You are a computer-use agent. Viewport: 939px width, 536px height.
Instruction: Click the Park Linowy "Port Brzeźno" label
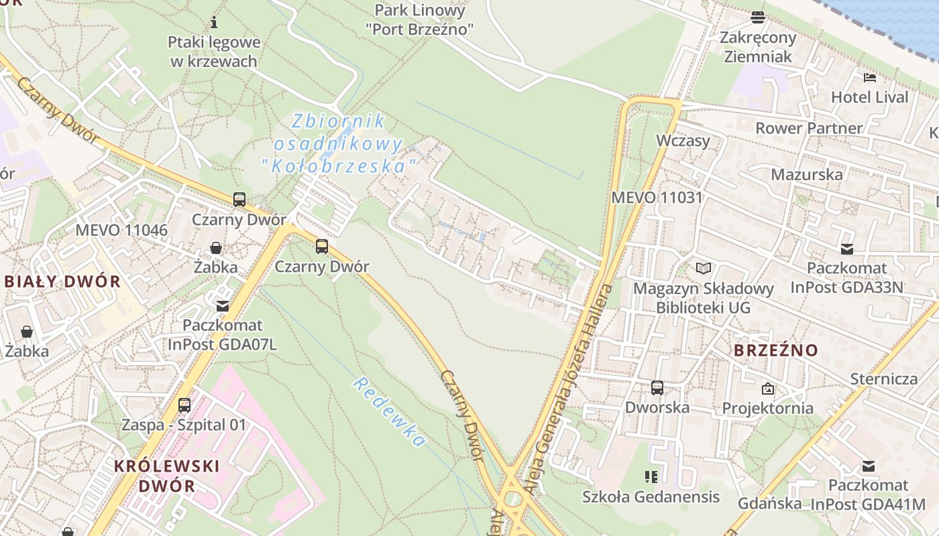pos(420,19)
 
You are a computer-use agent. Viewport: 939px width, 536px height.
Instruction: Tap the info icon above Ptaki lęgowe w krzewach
pos(214,22)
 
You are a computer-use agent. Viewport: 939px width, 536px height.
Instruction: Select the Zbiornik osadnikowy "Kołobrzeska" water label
pos(338,143)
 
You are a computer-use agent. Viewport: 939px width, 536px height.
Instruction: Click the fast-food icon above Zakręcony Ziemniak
pos(758,17)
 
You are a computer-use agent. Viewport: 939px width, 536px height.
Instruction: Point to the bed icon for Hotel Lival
pos(870,78)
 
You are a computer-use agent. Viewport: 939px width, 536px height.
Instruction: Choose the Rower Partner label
pos(809,128)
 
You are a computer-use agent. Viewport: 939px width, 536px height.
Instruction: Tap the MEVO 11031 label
pos(657,198)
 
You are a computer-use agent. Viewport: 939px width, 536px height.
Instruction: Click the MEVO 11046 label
pos(121,230)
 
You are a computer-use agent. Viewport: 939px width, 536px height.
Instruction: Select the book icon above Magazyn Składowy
pos(703,269)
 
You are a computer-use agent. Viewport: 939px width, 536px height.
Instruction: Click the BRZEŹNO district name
pos(775,350)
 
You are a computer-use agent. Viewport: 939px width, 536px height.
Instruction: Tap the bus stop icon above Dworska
pos(657,387)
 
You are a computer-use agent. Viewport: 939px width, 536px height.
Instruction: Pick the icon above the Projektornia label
pos(768,389)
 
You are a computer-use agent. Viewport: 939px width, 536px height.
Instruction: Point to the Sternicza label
pos(884,379)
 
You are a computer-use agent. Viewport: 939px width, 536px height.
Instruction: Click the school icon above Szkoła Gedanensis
pos(651,477)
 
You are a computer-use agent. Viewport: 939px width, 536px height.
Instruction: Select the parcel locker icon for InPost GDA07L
pos(222,306)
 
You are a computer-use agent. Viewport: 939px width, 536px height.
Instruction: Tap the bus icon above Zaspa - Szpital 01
pos(184,405)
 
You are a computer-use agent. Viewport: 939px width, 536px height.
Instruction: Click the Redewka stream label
pos(389,411)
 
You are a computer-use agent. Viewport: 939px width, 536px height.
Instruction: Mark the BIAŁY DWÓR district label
pos(62,281)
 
